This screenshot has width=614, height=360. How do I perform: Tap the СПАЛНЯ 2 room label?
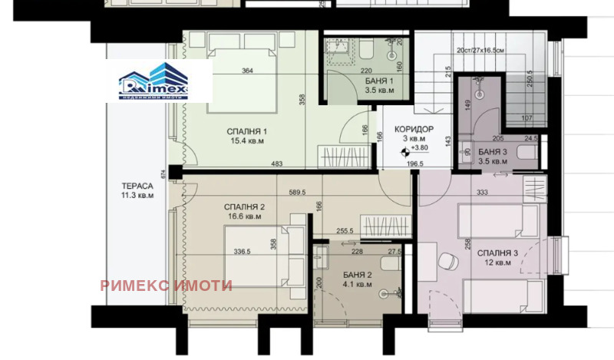(245, 207)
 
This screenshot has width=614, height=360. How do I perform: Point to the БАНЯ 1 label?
(380, 81)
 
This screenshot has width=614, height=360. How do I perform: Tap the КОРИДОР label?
(414, 129)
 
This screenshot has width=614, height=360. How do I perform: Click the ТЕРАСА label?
(137, 186)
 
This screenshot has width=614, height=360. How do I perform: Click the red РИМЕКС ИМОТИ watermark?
(166, 286)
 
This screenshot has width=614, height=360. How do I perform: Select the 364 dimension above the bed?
(248, 71)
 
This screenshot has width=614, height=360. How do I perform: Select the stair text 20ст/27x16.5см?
(480, 50)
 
